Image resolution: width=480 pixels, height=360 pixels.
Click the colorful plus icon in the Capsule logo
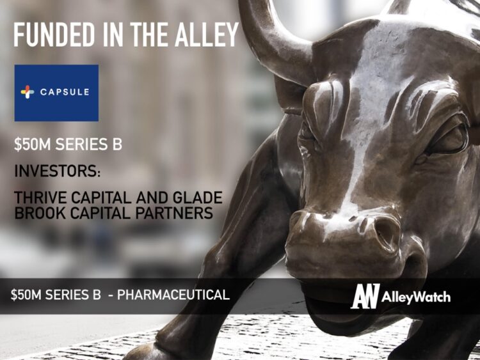tap(28, 92)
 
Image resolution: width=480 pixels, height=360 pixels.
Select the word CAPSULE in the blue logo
tap(65, 92)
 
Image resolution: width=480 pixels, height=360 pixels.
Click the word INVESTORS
tap(53, 172)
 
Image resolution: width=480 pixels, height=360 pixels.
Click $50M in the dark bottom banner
tap(26, 295)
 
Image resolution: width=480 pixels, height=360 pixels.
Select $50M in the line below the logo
tap(30, 145)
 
